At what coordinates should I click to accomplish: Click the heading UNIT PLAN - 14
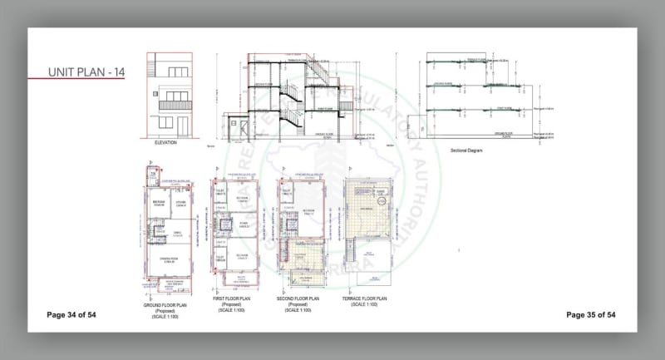(86, 72)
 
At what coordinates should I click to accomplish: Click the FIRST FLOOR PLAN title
(236, 298)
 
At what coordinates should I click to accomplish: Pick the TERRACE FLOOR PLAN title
(370, 298)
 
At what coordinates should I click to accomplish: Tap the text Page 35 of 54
(590, 315)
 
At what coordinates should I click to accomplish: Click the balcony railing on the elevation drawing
(175, 106)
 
